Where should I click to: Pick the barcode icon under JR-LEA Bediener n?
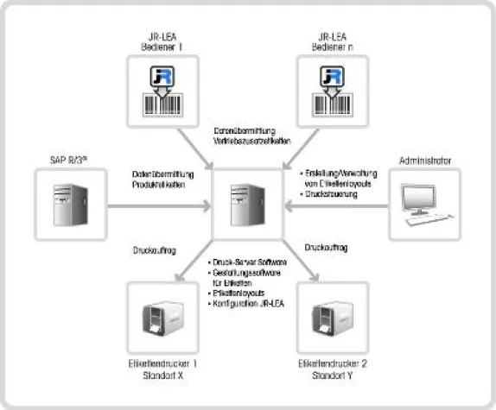pyautogui.click(x=334, y=89)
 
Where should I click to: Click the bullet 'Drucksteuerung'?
pyautogui.click(x=325, y=195)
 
